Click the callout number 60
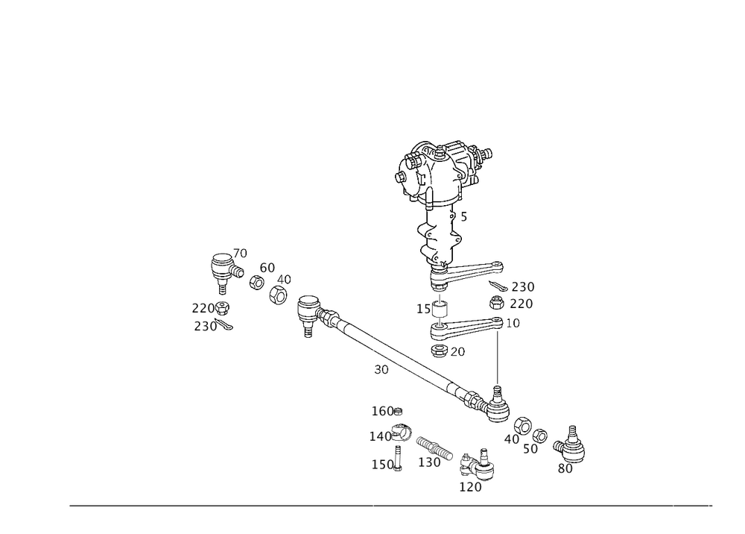[x=267, y=266]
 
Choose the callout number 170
[x=470, y=487]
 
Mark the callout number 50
[x=530, y=449]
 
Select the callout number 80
[x=565, y=468]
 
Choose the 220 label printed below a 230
[x=521, y=304]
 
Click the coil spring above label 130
[x=434, y=447]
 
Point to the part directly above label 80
[x=570, y=445]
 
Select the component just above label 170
[x=477, y=465]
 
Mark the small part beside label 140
[x=400, y=432]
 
